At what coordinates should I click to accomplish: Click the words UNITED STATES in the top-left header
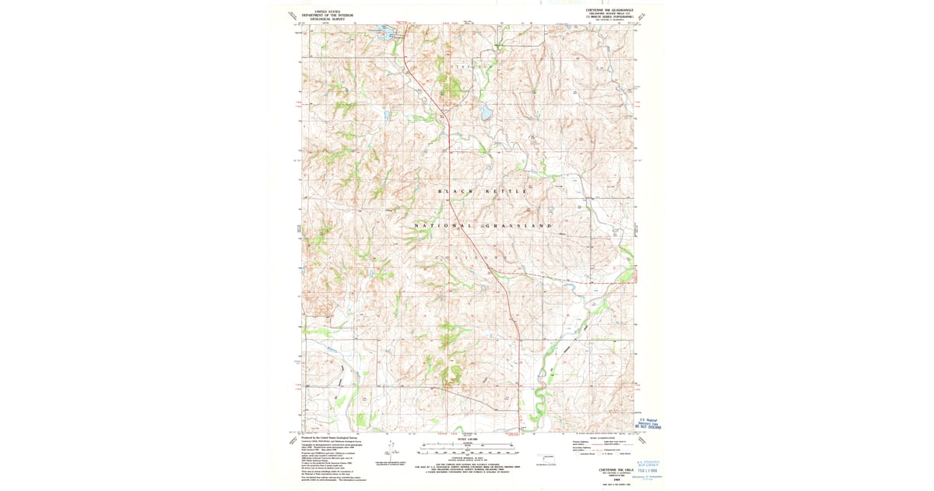[x=328, y=11]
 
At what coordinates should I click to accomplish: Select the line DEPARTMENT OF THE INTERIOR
[x=328, y=15]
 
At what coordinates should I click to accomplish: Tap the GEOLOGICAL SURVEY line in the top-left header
[x=328, y=19]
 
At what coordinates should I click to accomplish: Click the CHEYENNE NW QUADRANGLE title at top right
[x=610, y=10]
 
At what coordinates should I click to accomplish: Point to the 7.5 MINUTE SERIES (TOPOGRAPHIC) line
[x=610, y=18]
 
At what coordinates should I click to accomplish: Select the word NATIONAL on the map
[x=440, y=225]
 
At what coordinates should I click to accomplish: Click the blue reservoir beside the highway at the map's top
[x=385, y=34]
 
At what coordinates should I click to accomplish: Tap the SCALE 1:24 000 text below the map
[x=467, y=440]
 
